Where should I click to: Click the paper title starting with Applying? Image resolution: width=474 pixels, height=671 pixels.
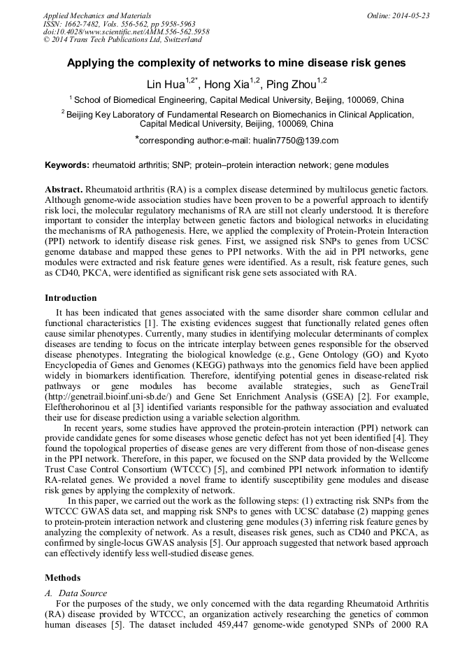[x=236, y=63]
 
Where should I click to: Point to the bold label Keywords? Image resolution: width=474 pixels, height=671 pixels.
[x=67, y=165]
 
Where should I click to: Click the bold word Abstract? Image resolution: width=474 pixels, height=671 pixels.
[x=64, y=190]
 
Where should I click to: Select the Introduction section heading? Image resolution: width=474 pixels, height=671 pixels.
[x=71, y=298]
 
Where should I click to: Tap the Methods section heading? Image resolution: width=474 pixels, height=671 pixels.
[x=62, y=578]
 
